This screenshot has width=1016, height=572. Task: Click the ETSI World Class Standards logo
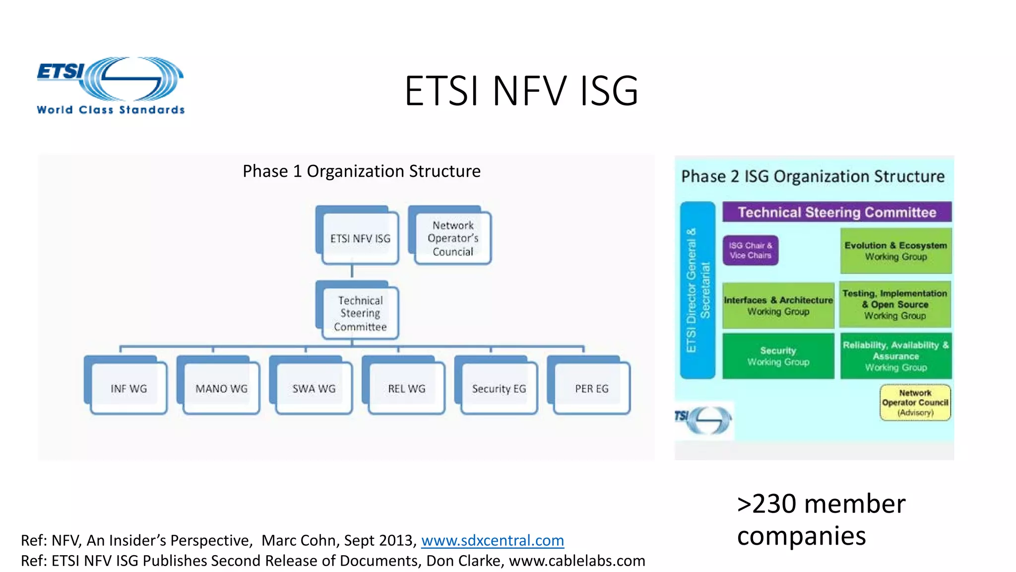pyautogui.click(x=110, y=85)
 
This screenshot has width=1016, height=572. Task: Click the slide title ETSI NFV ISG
pyautogui.click(x=521, y=91)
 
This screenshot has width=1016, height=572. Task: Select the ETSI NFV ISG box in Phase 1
pyautogui.click(x=360, y=238)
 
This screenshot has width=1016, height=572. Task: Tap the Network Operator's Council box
pyautogui.click(x=452, y=238)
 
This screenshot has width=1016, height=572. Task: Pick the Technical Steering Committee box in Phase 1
pyautogui.click(x=360, y=313)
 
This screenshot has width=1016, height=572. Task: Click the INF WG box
pyautogui.click(x=128, y=388)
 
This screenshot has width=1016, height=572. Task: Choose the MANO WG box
pyautogui.click(x=221, y=388)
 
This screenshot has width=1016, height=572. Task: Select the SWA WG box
pyautogui.click(x=314, y=388)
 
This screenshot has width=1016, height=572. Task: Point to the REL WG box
pyautogui.click(x=406, y=388)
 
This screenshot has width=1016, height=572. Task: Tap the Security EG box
pyautogui.click(x=499, y=388)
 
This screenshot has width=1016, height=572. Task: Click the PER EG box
pyautogui.click(x=591, y=388)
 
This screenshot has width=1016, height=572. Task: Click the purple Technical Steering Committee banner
pyautogui.click(x=837, y=212)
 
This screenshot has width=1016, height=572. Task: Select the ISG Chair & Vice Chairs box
pyautogui.click(x=750, y=250)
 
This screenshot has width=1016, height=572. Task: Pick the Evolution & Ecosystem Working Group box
pyautogui.click(x=895, y=251)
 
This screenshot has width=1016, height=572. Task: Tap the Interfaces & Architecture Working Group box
pyautogui.click(x=778, y=305)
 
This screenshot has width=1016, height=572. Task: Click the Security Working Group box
pyautogui.click(x=778, y=356)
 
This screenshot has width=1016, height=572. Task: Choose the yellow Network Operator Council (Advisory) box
pyautogui.click(x=915, y=402)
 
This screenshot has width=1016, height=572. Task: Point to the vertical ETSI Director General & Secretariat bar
pyautogui.click(x=698, y=290)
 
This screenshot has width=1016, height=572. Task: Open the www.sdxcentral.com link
pyautogui.click(x=492, y=540)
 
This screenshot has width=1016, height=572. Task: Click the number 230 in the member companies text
pyautogui.click(x=774, y=504)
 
